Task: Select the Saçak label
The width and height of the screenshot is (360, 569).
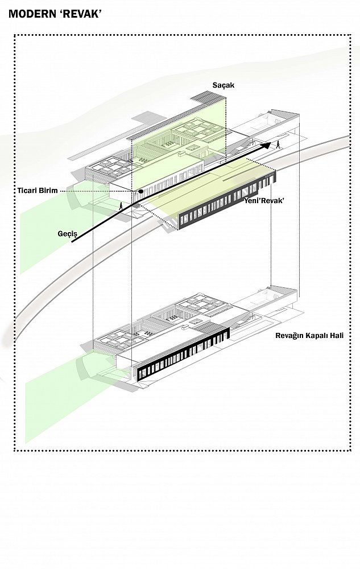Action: [x=224, y=85]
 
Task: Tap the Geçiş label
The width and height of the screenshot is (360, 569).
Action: [x=68, y=234]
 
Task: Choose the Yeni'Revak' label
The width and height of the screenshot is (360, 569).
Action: [x=263, y=201]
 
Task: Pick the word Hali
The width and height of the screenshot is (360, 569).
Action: [x=337, y=335]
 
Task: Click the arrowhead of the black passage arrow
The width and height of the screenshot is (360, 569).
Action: [x=267, y=145]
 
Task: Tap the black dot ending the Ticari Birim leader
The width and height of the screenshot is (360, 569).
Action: [x=140, y=191]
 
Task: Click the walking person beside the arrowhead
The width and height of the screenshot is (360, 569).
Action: [x=278, y=145]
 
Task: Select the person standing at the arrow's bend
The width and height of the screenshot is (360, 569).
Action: [x=121, y=206]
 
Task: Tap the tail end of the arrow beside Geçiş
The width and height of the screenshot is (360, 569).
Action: [x=72, y=241]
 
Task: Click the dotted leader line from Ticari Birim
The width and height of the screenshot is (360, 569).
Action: [x=98, y=191]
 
